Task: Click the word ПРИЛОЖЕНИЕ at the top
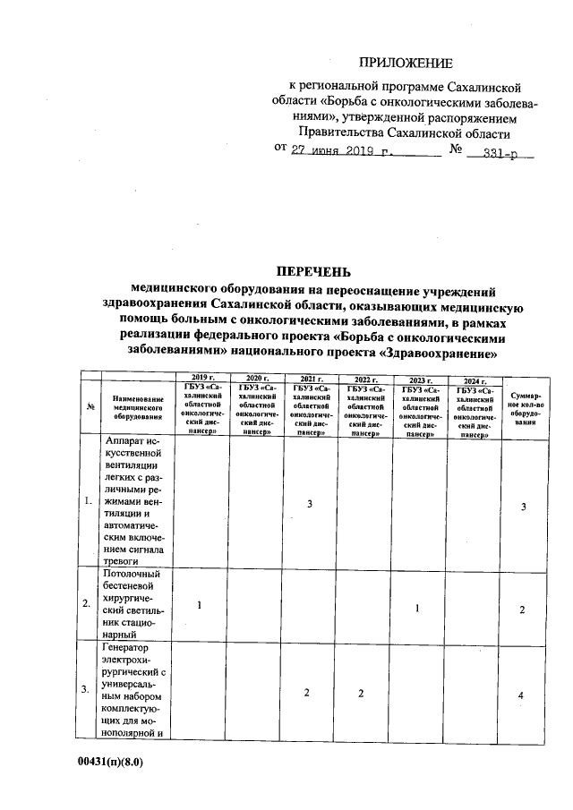406,63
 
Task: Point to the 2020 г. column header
258,379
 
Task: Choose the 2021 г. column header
312,379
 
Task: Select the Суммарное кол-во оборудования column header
525,407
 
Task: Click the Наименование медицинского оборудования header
137,407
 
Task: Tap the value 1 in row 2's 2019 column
200,606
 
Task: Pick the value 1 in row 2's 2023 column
417,609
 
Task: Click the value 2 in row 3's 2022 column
361,694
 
